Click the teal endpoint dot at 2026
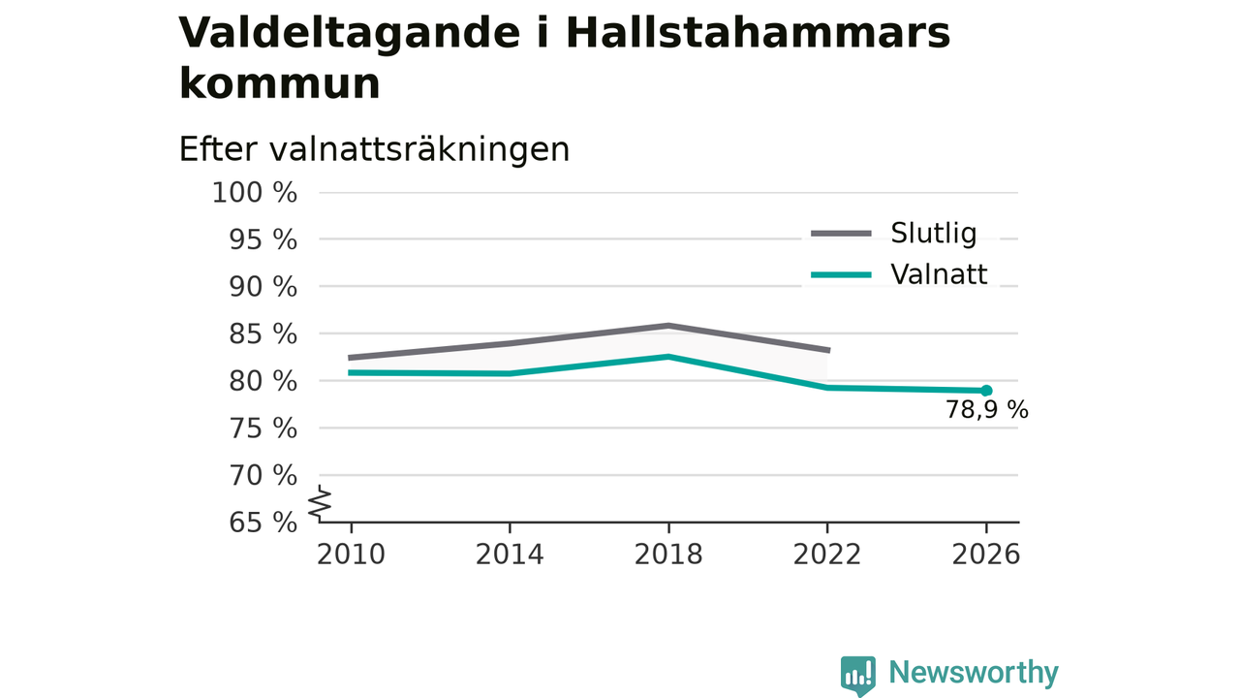click(x=986, y=391)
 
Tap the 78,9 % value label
click(x=986, y=410)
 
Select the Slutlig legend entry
click(x=893, y=234)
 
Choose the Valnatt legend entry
click(x=899, y=274)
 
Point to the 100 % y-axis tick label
click(x=255, y=193)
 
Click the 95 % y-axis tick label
click(x=263, y=240)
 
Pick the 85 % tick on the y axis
click(x=263, y=334)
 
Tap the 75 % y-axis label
click(x=263, y=428)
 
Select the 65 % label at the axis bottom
click(x=263, y=523)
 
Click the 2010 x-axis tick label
click(x=351, y=555)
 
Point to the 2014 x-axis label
click(x=510, y=555)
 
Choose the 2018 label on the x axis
click(x=668, y=555)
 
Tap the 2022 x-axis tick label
click(x=827, y=555)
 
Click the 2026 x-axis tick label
click(x=985, y=555)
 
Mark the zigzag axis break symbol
click(x=320, y=503)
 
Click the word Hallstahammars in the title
click(x=758, y=33)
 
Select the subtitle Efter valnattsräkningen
click(x=374, y=149)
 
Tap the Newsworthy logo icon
click(x=858, y=676)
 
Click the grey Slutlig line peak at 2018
click(x=668, y=326)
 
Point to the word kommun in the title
click(x=280, y=84)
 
